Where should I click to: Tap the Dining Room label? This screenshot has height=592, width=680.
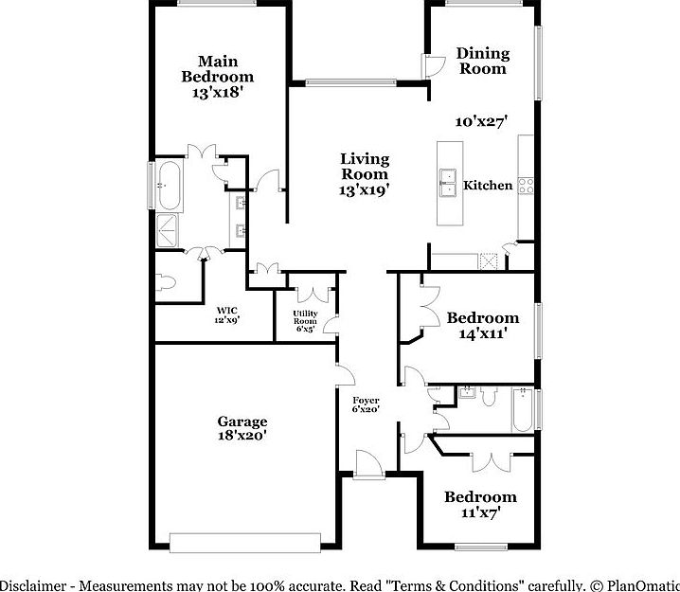(482, 61)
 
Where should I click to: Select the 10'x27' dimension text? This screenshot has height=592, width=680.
(482, 121)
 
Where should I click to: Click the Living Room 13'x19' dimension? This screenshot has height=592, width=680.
(365, 188)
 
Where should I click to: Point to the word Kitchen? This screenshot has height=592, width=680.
(488, 186)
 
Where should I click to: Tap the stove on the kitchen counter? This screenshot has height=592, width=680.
(526, 185)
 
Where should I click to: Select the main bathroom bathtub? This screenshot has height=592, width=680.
(170, 185)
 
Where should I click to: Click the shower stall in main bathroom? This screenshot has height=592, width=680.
(170, 230)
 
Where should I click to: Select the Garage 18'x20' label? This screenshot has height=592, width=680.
(242, 428)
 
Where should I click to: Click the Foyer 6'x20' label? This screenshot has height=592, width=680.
(366, 404)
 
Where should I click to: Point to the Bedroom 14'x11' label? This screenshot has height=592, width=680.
(482, 325)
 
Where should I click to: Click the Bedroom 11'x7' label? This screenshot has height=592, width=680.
(480, 504)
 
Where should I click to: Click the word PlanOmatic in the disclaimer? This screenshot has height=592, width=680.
(640, 583)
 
